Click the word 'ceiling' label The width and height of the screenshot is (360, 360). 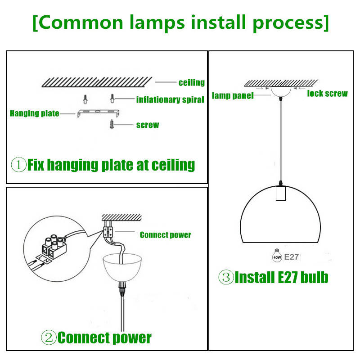pos(191,83)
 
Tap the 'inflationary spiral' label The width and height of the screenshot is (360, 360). pos(170,99)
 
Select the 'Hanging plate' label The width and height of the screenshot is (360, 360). pos(34,113)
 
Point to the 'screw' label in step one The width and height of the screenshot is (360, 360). pos(148,125)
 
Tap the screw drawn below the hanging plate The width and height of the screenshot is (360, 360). pos(112,124)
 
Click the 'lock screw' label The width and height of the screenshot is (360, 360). pos(327,94)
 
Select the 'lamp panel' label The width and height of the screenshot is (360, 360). pos(233,95)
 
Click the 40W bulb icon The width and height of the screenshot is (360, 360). pos(275,256)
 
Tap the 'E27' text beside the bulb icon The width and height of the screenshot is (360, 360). pos(292,257)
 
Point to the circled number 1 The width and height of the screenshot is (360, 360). pos(18,165)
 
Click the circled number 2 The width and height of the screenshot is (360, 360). pos(49,337)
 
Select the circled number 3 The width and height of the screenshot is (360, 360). pos(225,277)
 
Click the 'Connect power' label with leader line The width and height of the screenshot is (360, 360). pos(165,235)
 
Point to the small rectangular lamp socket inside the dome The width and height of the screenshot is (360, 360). pos(281,193)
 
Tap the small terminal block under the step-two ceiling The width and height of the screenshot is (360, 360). pos(108,231)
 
